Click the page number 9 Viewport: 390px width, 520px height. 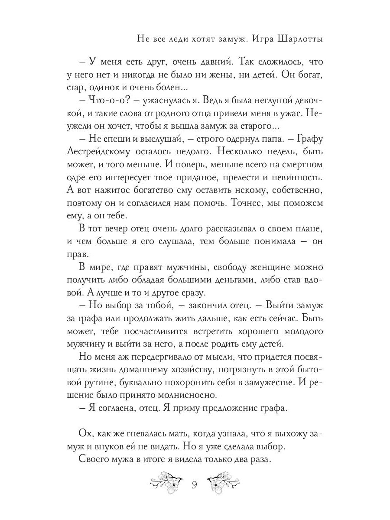[x=195, y=484]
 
